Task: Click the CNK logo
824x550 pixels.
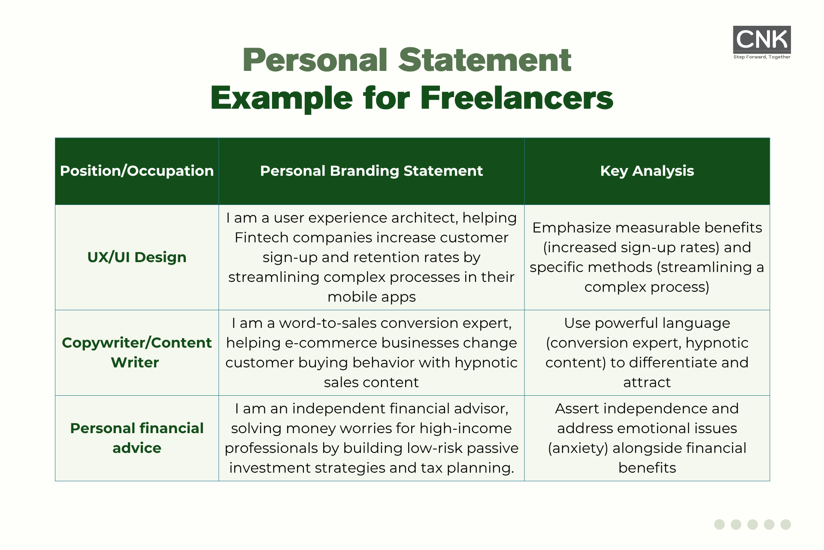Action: tap(762, 40)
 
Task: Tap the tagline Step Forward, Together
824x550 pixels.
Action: tap(762, 57)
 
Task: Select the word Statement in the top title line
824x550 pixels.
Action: tap(485, 60)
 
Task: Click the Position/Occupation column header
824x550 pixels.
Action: tap(137, 171)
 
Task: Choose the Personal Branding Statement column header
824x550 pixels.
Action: tap(372, 171)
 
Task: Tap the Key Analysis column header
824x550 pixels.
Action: tap(647, 171)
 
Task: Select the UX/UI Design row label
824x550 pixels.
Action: tap(137, 257)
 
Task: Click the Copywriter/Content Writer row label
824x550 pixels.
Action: tap(137, 352)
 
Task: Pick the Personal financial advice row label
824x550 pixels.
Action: tap(137, 438)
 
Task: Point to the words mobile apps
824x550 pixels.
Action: tap(372, 297)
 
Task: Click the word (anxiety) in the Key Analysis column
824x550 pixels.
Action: tap(578, 448)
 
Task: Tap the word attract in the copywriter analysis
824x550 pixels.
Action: tap(647, 382)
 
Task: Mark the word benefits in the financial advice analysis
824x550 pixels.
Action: tap(647, 467)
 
